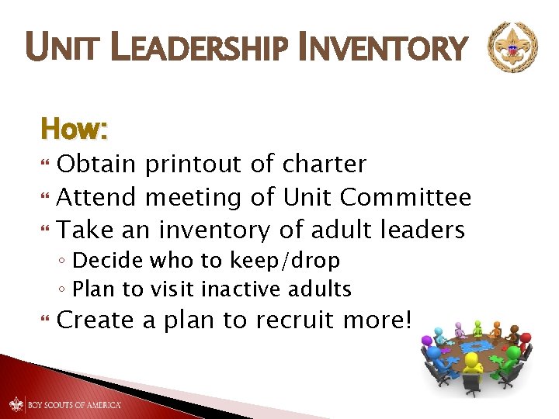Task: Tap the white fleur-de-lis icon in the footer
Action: (x=17, y=403)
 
